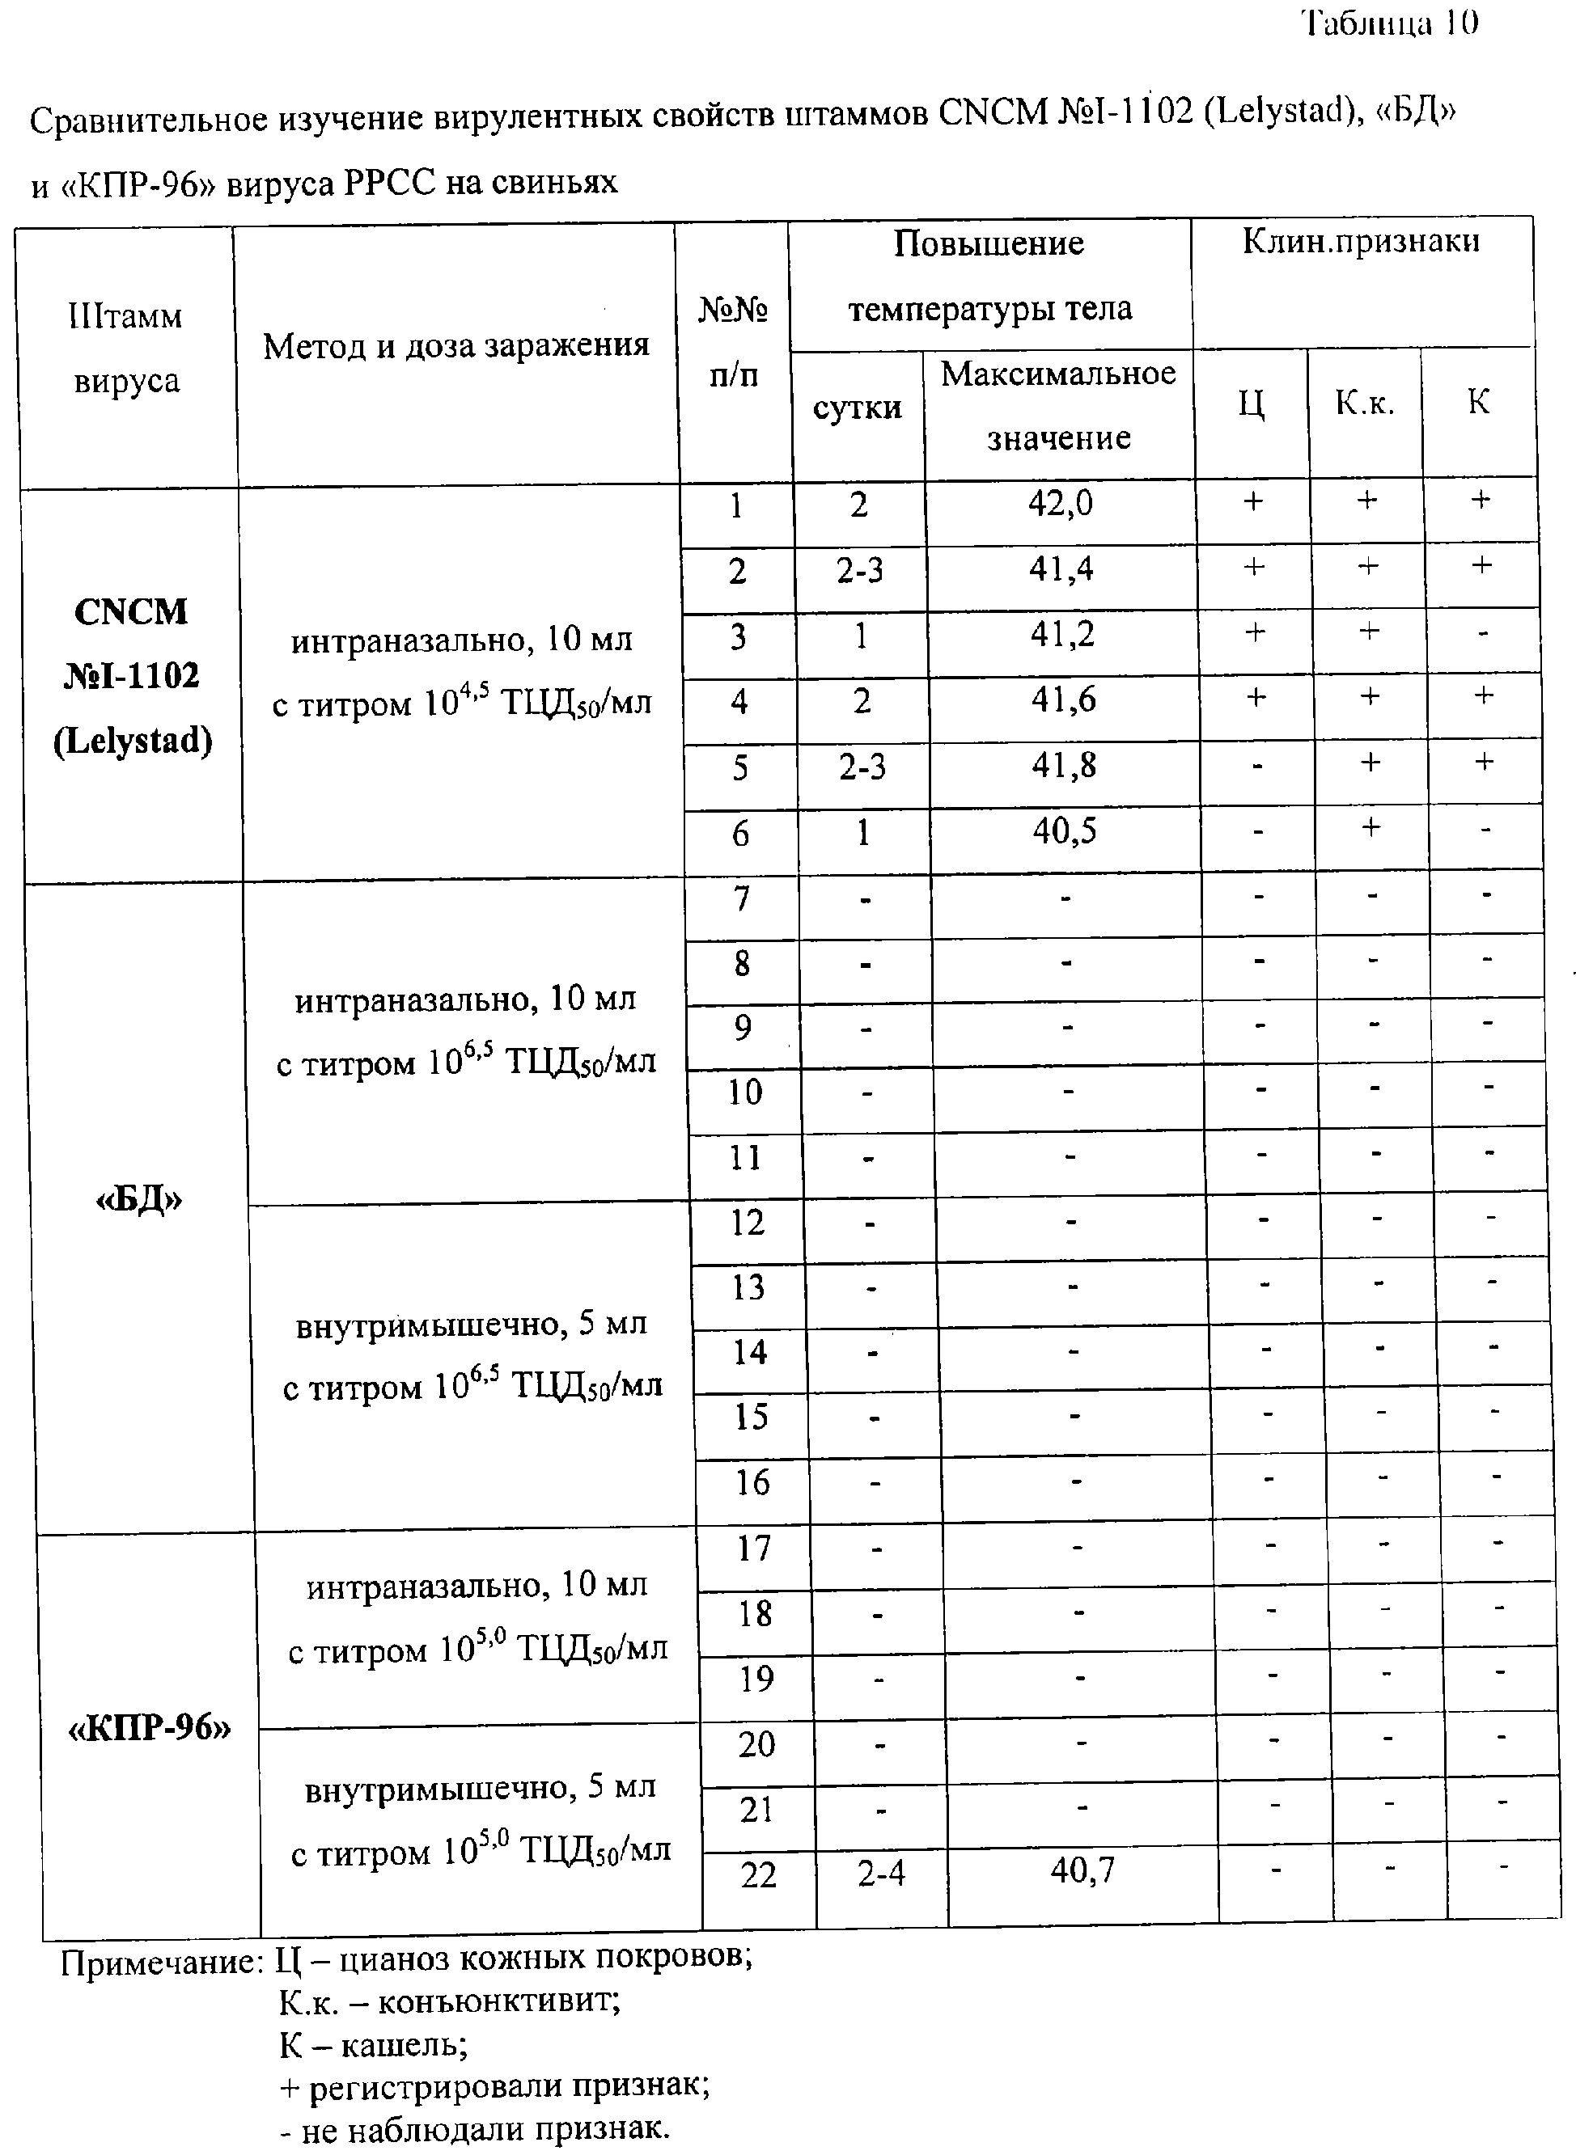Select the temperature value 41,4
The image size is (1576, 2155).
(x=1061, y=569)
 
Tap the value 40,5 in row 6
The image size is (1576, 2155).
(x=1064, y=831)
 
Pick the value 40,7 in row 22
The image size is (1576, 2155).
(x=1082, y=1871)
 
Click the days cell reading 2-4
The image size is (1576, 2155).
(x=880, y=1874)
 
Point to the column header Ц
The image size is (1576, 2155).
(x=1251, y=404)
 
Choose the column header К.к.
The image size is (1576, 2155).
(x=1364, y=404)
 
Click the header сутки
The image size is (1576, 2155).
(x=857, y=408)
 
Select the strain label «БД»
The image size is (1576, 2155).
(x=139, y=1199)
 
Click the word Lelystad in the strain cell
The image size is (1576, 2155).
(x=133, y=741)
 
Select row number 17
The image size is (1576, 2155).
(x=752, y=1548)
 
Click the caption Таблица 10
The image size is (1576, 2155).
(x=1390, y=23)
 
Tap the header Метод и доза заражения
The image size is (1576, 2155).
(x=456, y=345)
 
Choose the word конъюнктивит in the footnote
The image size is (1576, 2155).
(x=499, y=2001)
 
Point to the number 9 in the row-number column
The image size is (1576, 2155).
(x=744, y=1027)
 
